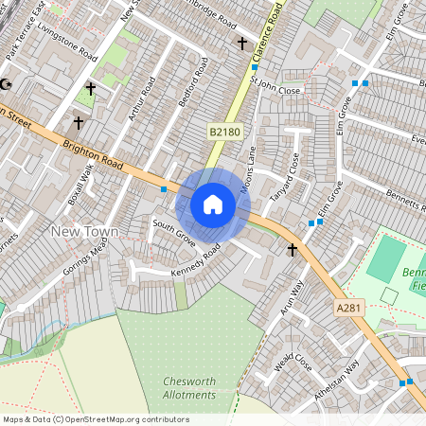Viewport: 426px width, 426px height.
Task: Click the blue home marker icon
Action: pyautogui.click(x=213, y=204)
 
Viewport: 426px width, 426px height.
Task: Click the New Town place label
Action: pyautogui.click(x=84, y=232)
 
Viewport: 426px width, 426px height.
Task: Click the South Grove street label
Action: pyautogui.click(x=174, y=232)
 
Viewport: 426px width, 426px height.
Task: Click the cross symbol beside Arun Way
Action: pyautogui.click(x=293, y=250)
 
